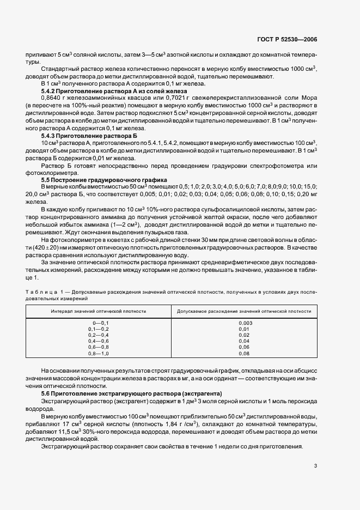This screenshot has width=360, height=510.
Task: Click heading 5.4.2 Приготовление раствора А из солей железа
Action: coord(114,90)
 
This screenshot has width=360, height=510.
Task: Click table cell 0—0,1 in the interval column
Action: coord(99,324)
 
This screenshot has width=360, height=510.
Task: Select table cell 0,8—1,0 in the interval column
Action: coord(99,354)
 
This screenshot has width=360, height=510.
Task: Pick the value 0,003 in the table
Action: coord(243,324)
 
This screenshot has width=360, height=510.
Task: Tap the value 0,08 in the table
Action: coord(243,354)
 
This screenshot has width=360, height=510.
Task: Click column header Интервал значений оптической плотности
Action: coord(99,311)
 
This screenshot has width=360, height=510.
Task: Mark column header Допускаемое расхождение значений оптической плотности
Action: coord(243,311)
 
